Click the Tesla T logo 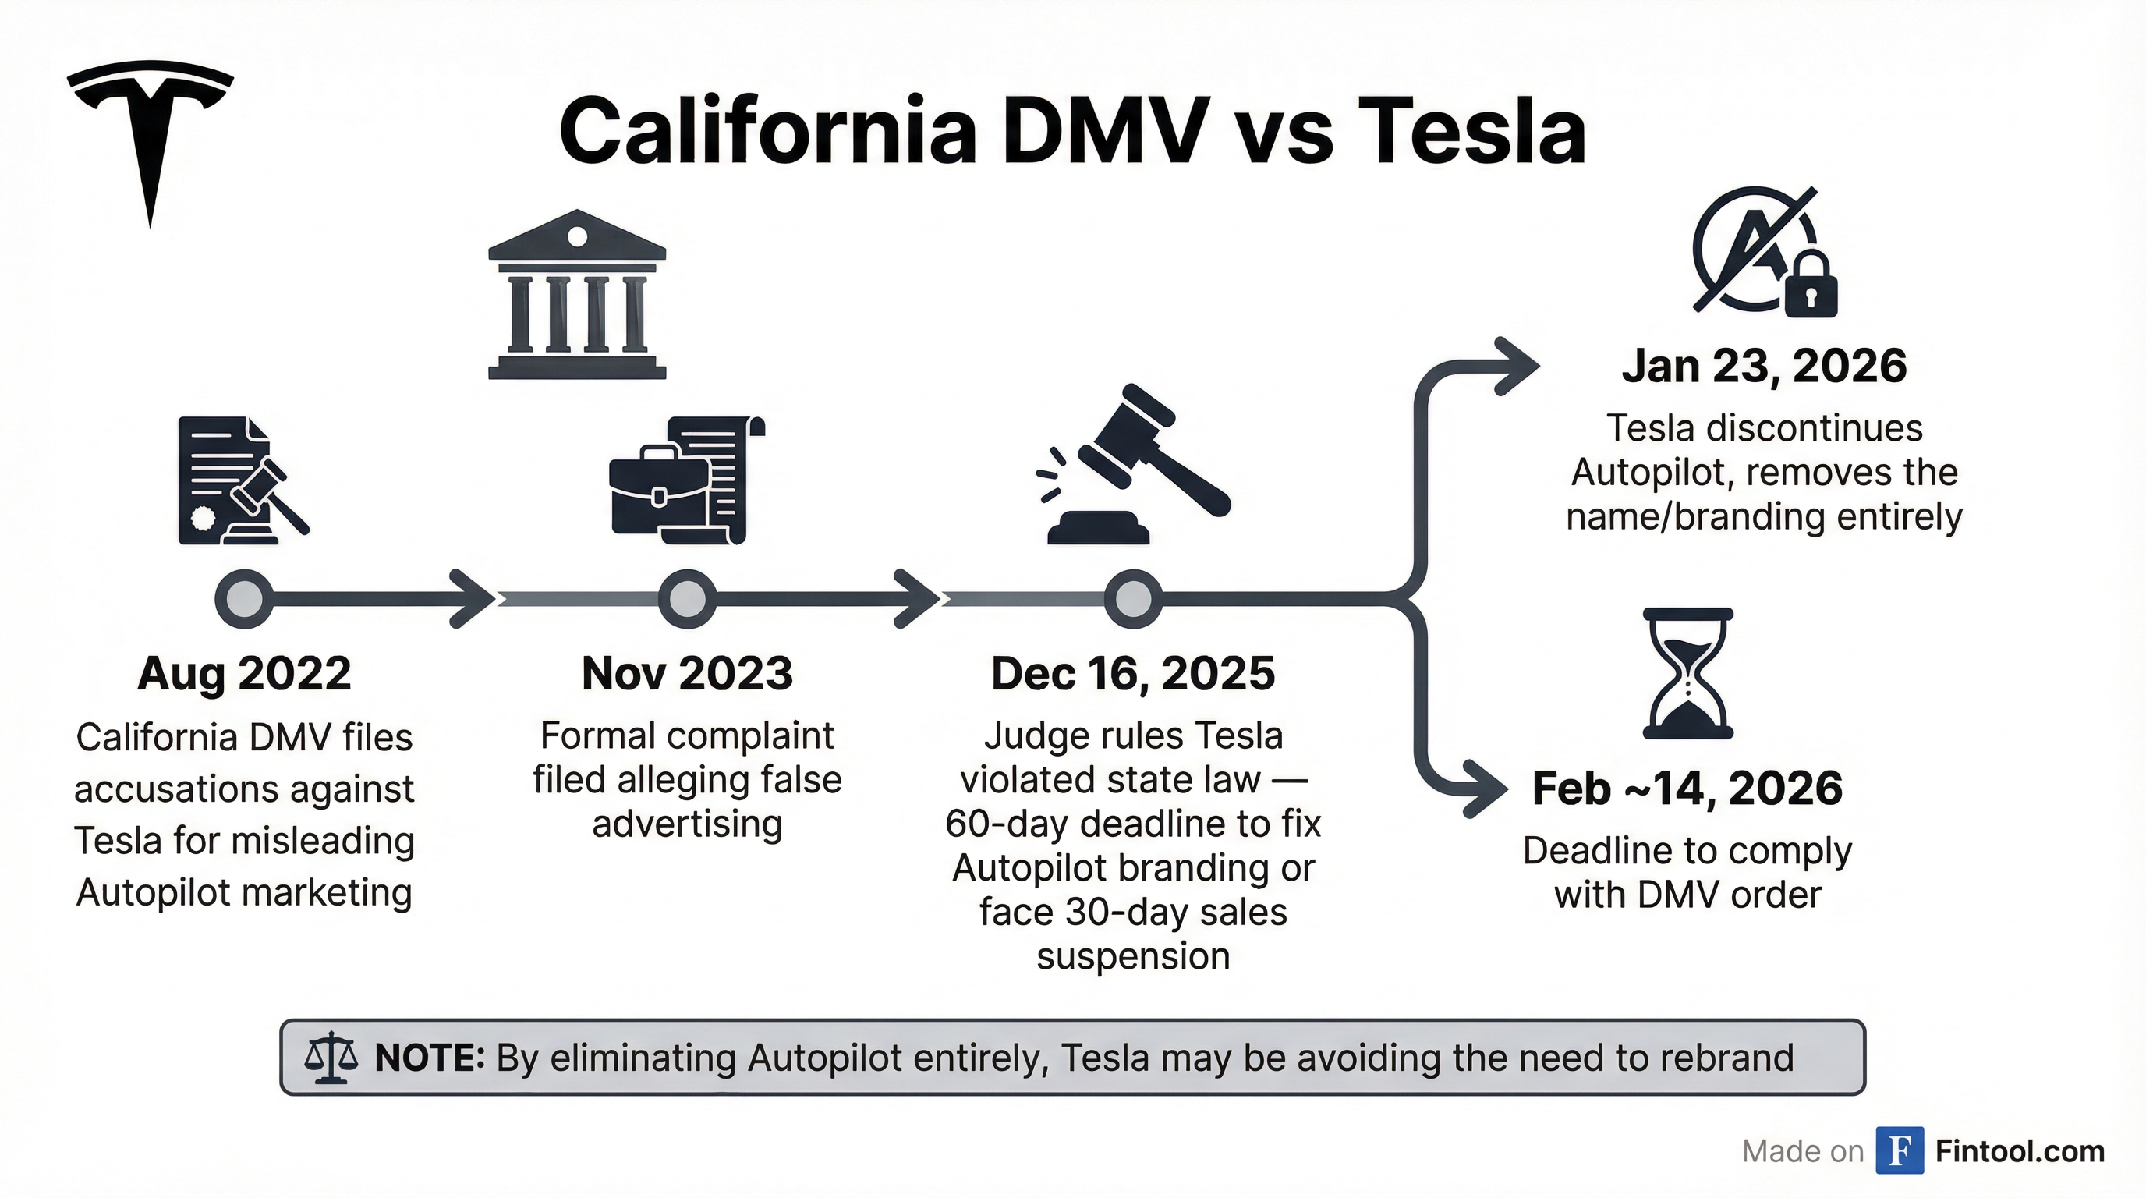point(150,133)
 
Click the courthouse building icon point(576,296)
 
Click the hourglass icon point(1687,673)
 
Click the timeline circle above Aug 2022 point(244,599)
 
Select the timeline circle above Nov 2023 point(687,599)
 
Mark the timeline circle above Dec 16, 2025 point(1133,599)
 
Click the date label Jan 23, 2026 point(1764,367)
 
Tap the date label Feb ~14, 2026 point(1687,789)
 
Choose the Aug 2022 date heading point(244,673)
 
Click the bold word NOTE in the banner point(430,1058)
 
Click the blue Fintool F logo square point(1900,1150)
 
